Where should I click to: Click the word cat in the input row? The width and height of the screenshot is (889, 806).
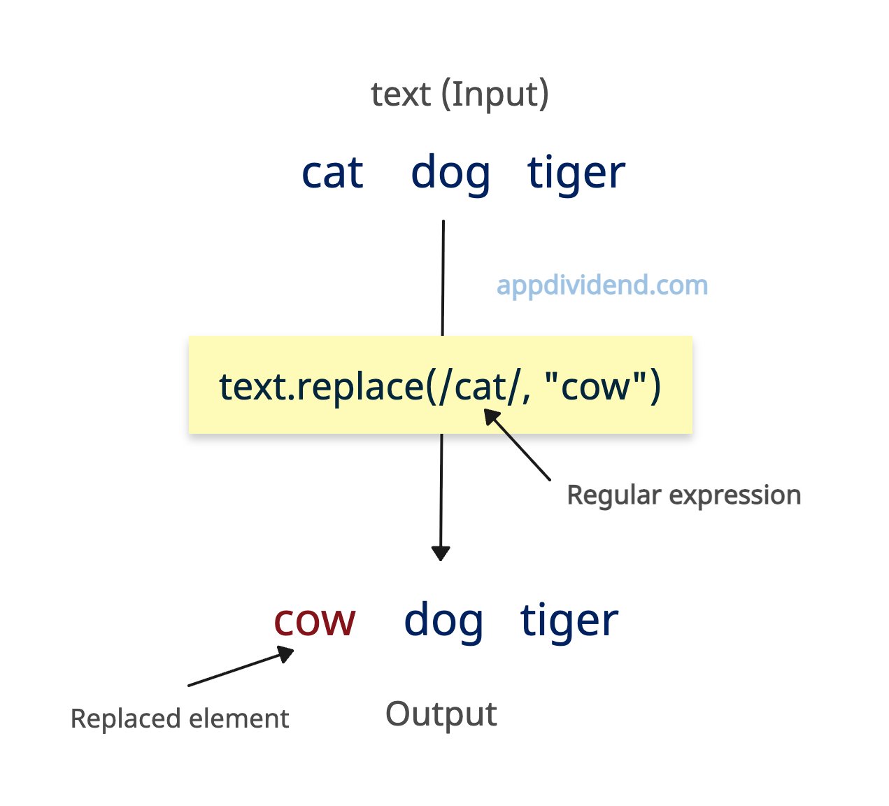coord(332,173)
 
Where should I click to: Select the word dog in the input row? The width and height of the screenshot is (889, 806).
coord(450,174)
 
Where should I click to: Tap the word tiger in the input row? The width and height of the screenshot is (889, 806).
coord(576,174)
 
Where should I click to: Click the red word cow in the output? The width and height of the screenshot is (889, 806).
coord(315,621)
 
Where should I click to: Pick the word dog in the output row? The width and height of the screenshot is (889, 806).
coord(443,622)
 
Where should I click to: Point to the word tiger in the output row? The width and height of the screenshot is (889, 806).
coord(569,622)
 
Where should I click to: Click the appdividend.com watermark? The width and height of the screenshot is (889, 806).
coord(602,286)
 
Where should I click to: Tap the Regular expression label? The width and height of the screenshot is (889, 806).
coord(684,495)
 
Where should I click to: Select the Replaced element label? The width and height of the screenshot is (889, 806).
coord(180,719)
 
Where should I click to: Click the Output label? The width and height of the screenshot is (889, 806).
coord(441,714)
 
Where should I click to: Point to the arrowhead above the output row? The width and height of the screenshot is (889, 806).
coord(441,553)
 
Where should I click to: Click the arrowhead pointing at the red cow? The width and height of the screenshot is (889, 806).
coord(286,653)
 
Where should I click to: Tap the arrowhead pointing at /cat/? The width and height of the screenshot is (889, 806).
coord(491,416)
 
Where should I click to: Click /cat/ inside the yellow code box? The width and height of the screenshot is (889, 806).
coord(480,387)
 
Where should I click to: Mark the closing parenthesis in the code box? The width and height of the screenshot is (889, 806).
coord(655,387)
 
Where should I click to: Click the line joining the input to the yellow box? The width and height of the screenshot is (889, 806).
coord(443,278)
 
